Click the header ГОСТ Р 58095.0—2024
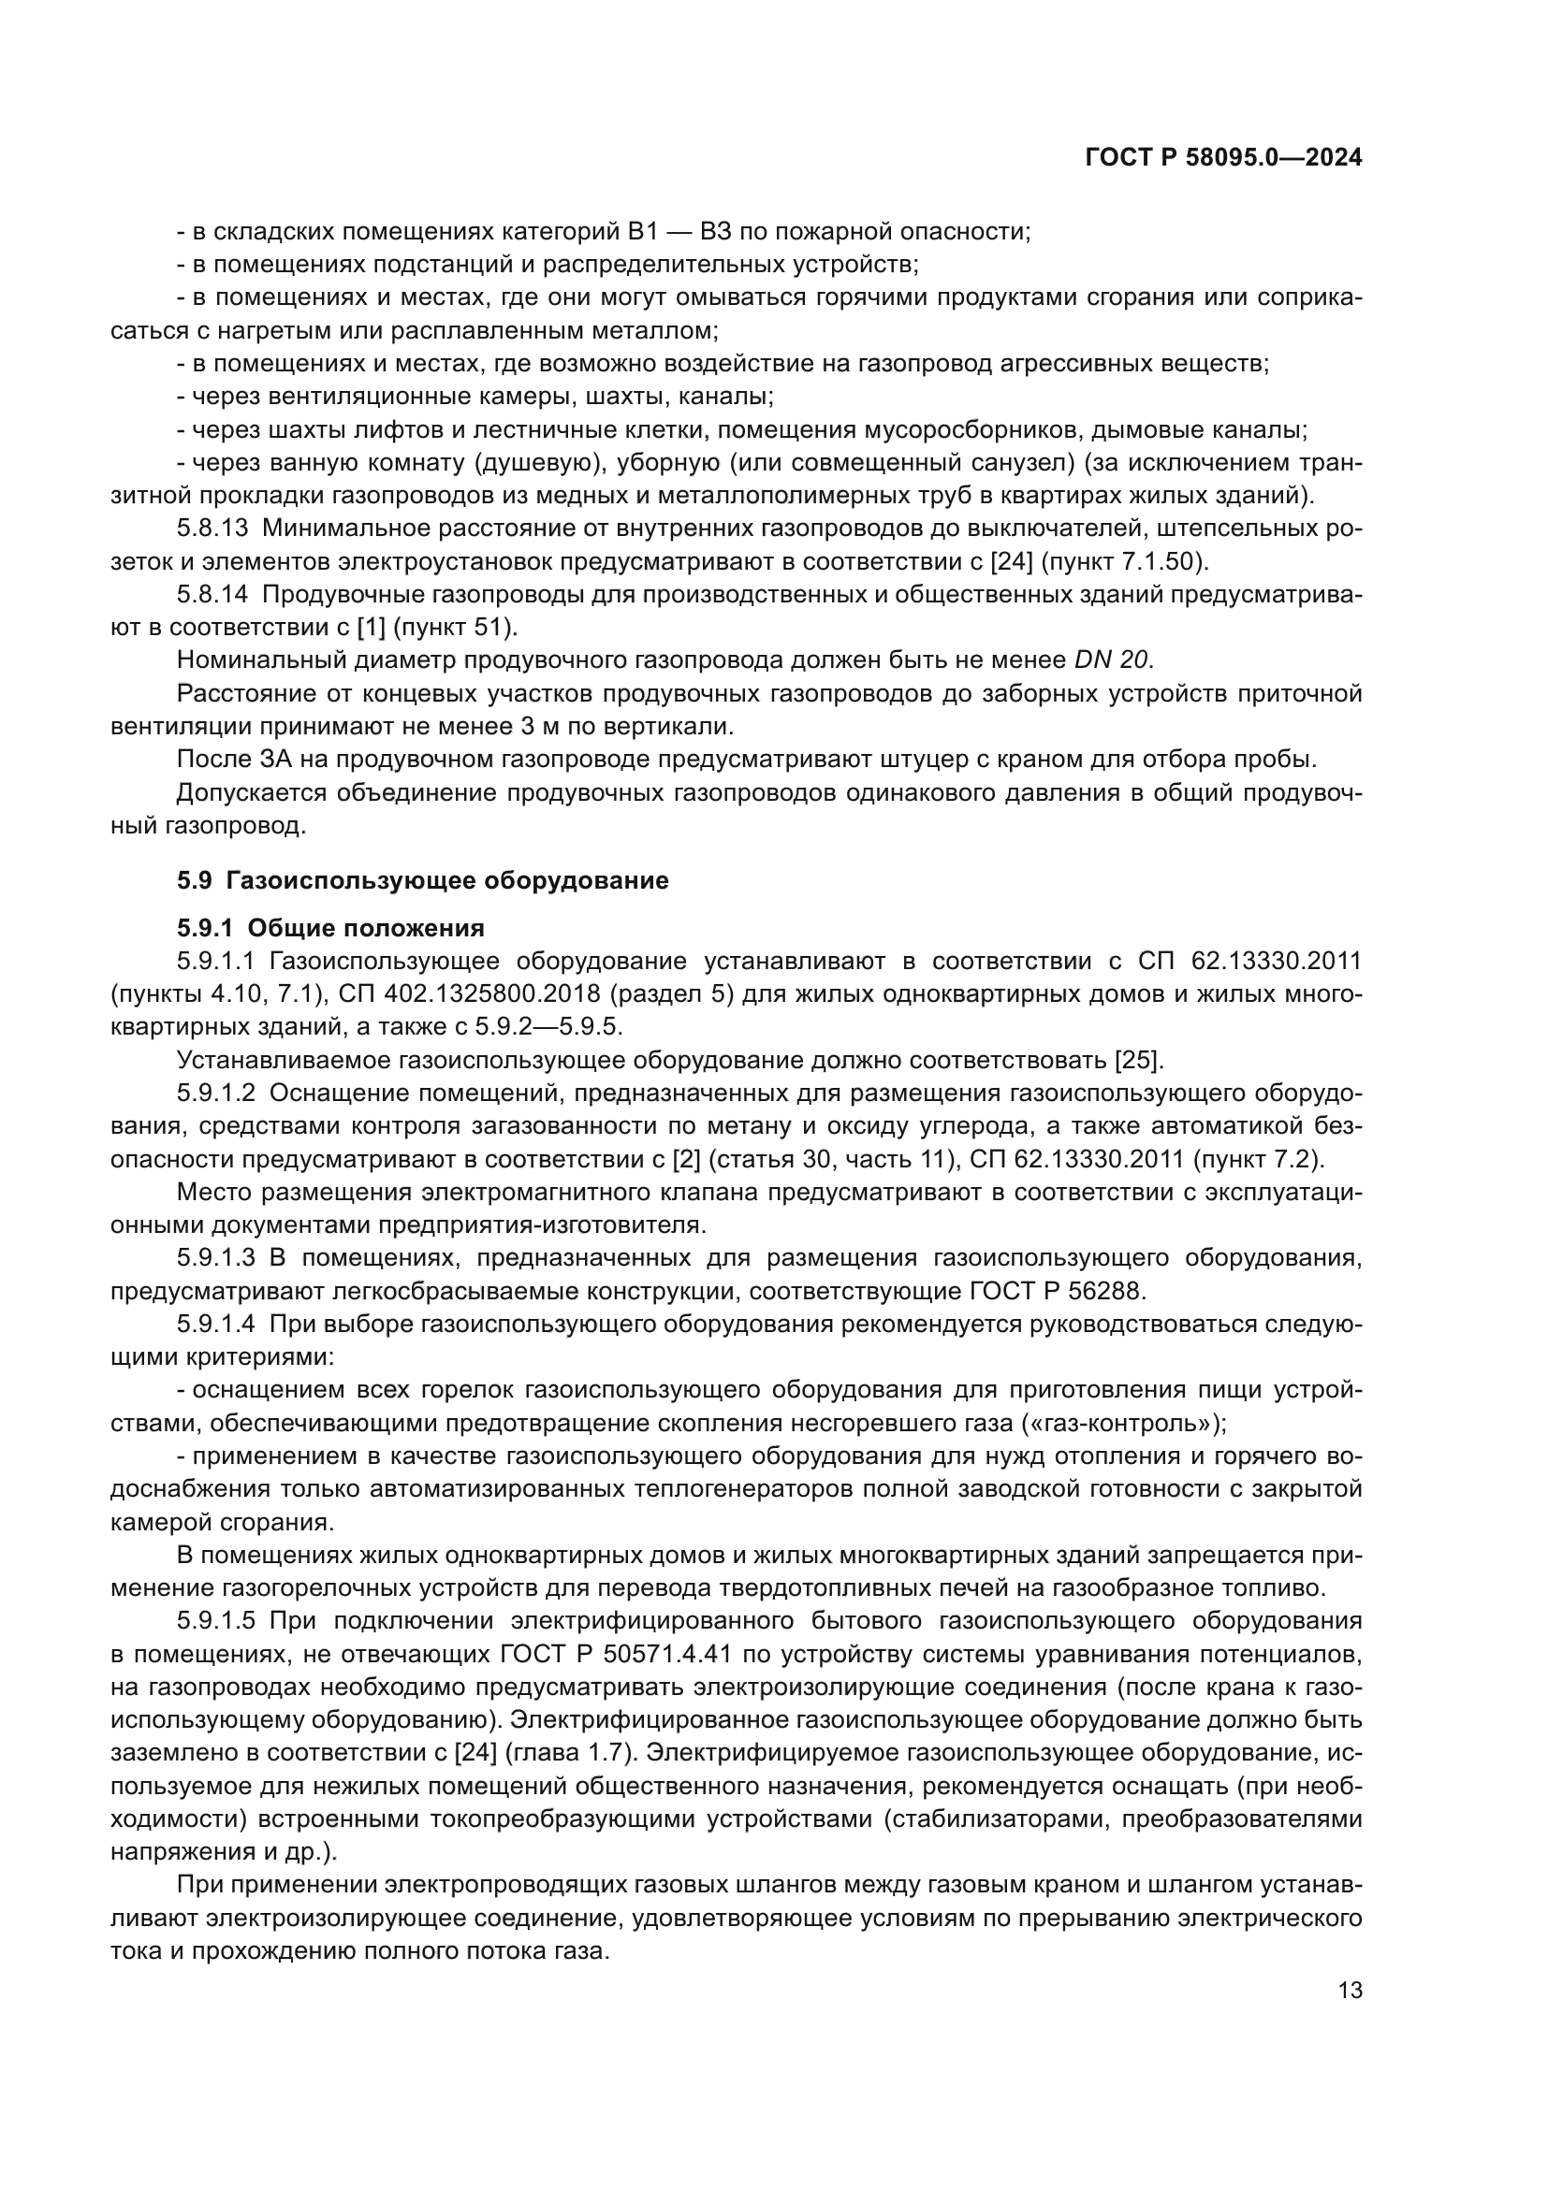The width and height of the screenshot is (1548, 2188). click(1223, 158)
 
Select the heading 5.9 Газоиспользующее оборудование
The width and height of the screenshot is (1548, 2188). click(422, 880)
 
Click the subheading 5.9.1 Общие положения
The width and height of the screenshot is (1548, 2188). click(329, 927)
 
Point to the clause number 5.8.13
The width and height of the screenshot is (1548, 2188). click(212, 529)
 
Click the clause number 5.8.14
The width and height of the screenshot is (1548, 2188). click(212, 595)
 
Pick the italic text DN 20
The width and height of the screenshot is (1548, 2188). click(1113, 660)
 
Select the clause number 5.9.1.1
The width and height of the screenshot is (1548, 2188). click(216, 961)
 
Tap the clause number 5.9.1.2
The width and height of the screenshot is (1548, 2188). click(216, 1093)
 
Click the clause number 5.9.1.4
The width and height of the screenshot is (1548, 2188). click(216, 1325)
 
